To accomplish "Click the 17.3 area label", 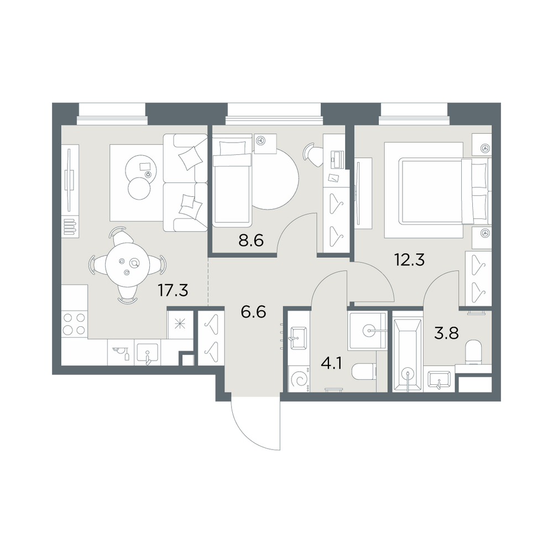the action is point(173,291).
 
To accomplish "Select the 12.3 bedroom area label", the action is point(409,260).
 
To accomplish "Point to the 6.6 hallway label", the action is point(253,312).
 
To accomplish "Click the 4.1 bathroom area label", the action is point(331,363).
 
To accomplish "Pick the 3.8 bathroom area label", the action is point(446,332).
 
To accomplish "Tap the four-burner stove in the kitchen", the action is point(74,324).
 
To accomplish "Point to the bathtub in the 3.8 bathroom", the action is point(407,355).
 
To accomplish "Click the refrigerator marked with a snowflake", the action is point(180,324).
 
